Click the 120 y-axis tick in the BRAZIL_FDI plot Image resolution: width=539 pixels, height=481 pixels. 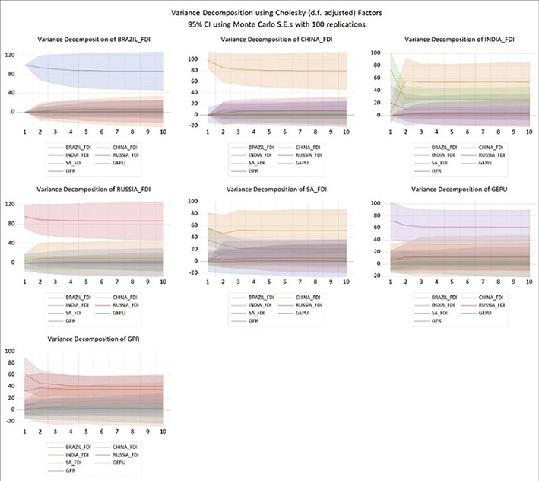tap(9, 55)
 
